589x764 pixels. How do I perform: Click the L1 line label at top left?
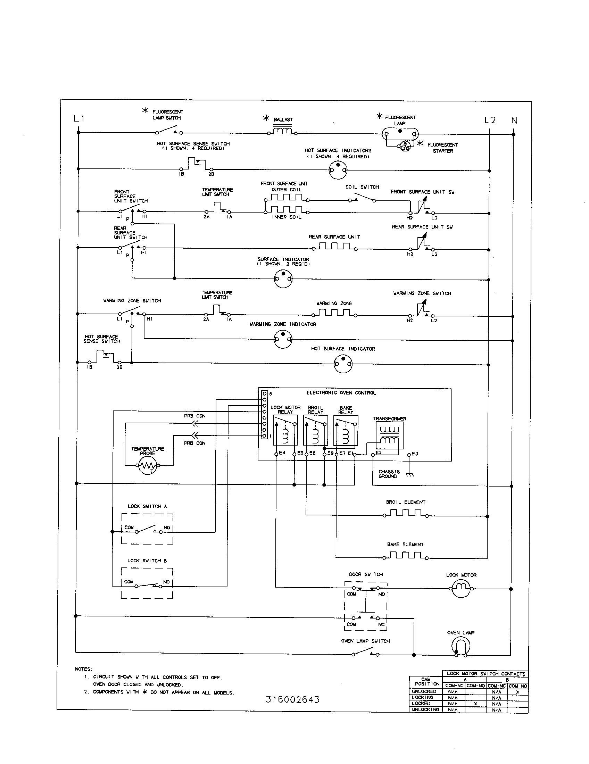79,118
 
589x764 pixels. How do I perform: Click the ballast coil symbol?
283,131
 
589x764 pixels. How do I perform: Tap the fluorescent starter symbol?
405,146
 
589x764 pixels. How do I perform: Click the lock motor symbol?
461,589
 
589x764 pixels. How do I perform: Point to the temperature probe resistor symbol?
148,465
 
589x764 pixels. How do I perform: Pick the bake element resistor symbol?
405,556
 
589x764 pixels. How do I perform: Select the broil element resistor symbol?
405,513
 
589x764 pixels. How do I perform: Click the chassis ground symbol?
410,475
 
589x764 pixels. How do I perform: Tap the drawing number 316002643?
293,699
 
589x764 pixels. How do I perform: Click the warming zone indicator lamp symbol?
283,339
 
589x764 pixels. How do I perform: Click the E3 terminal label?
415,454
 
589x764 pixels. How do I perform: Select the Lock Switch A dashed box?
147,529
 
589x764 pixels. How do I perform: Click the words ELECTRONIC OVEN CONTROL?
341,393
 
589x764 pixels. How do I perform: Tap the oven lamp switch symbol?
365,653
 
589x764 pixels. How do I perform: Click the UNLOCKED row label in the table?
424,691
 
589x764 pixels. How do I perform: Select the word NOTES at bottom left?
84,669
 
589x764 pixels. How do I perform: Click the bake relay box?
346,430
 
